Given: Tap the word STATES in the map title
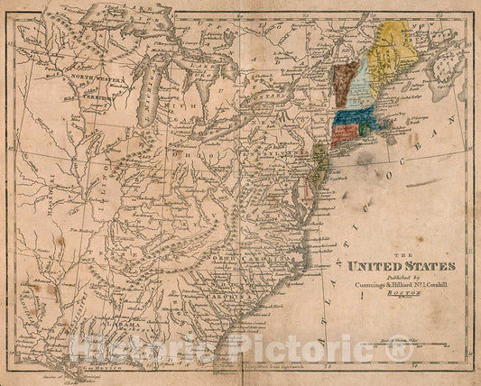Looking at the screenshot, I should click(424, 266).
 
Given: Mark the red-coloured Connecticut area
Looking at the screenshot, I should click(343, 135).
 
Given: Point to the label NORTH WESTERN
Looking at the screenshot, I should click(99, 78).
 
